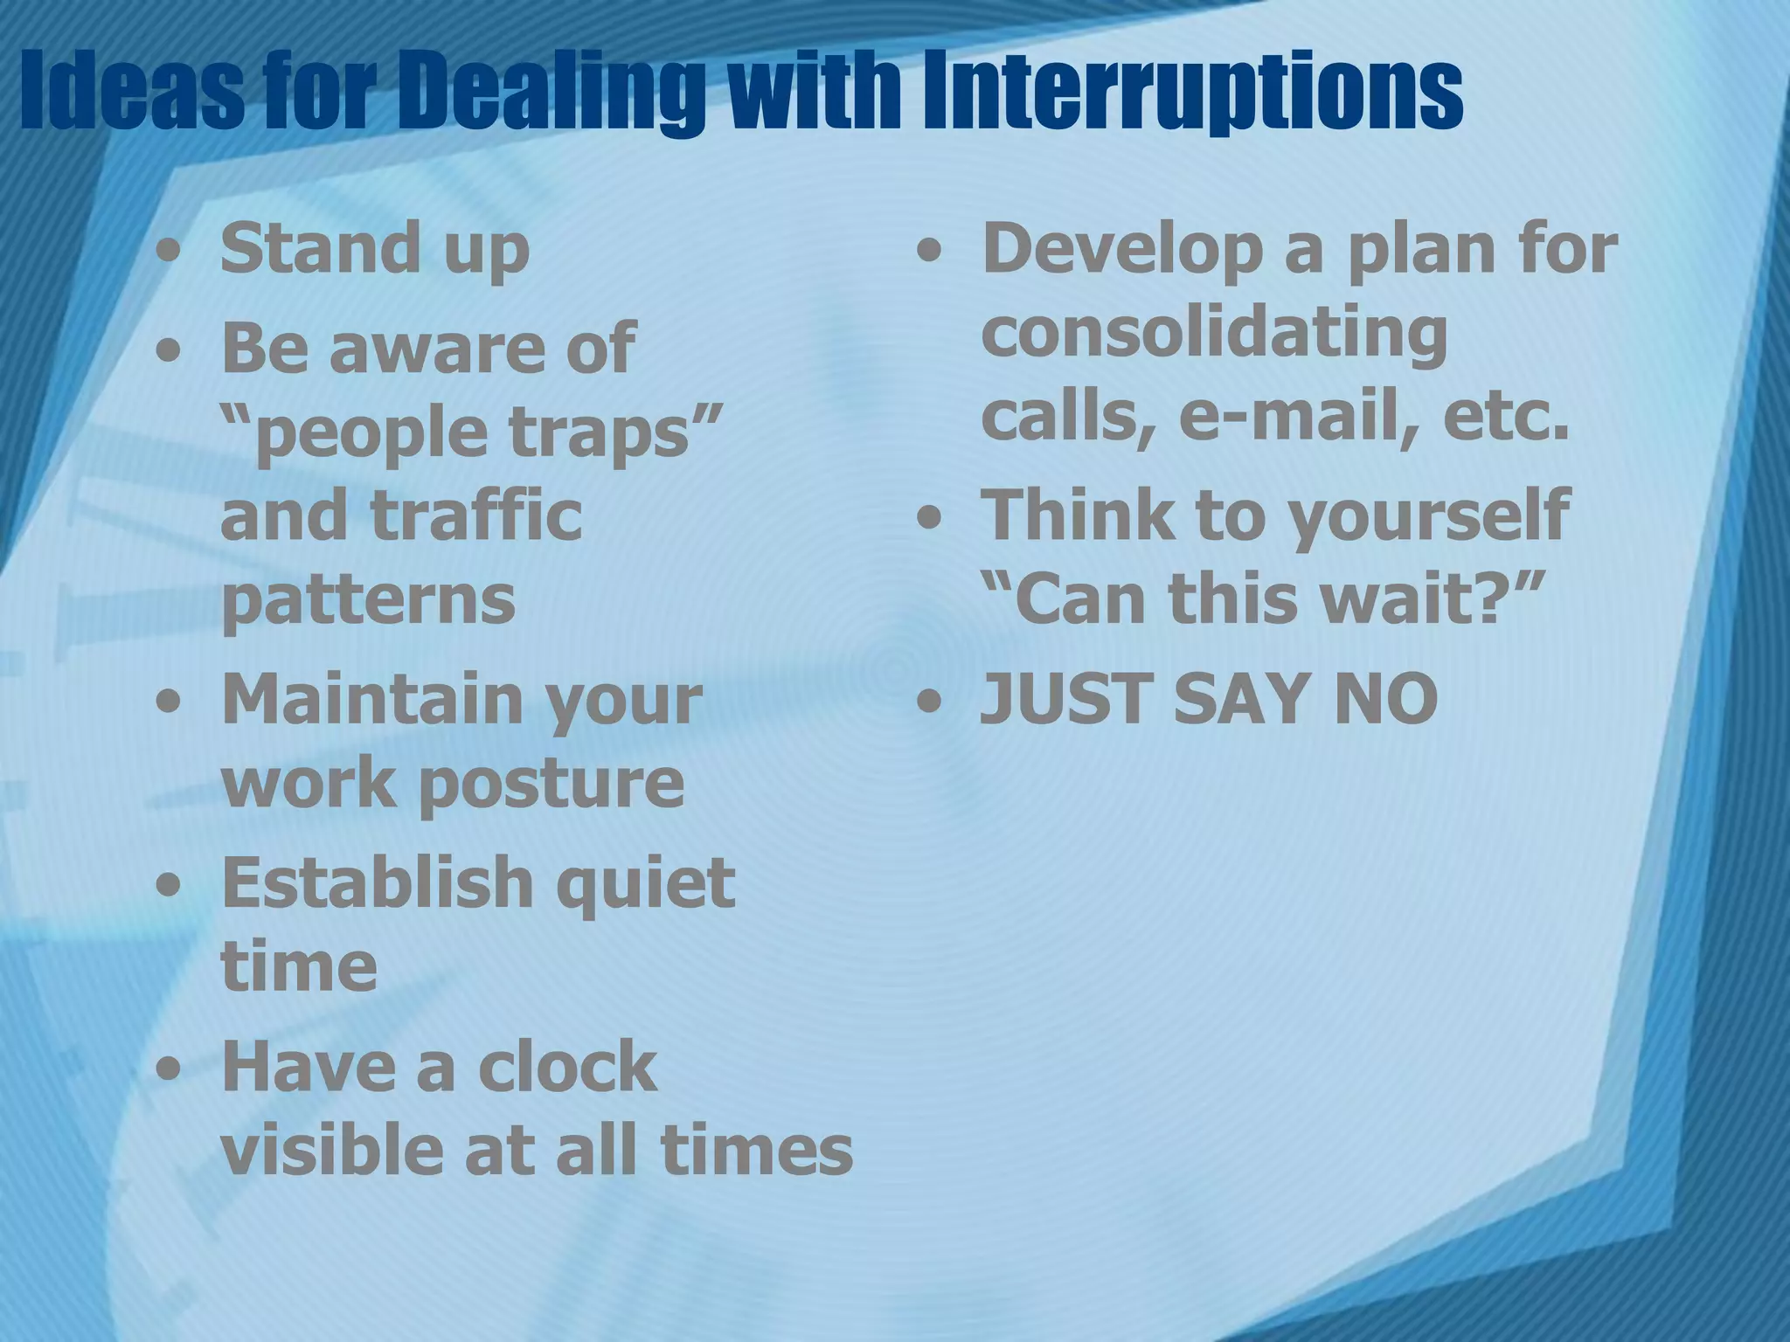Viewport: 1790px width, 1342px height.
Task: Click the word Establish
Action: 378,882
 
